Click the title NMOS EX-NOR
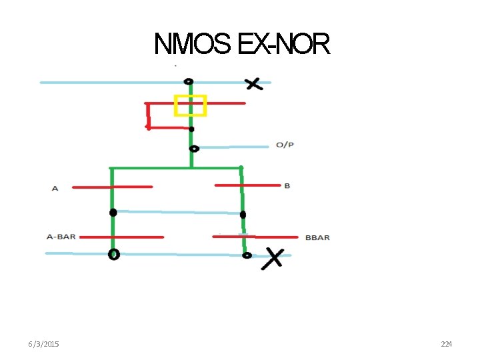point(241,45)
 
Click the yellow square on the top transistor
point(190,105)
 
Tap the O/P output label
point(285,145)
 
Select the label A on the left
point(55,189)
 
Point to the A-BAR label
point(61,237)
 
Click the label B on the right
point(287,185)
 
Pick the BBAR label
point(317,237)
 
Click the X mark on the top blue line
point(253,83)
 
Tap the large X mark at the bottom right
point(273,257)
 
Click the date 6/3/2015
point(43,344)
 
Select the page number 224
point(446,344)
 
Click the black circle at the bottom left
point(114,254)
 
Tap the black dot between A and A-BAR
point(113,213)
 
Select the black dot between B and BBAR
point(243,215)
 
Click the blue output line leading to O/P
point(233,147)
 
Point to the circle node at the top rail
point(189,81)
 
